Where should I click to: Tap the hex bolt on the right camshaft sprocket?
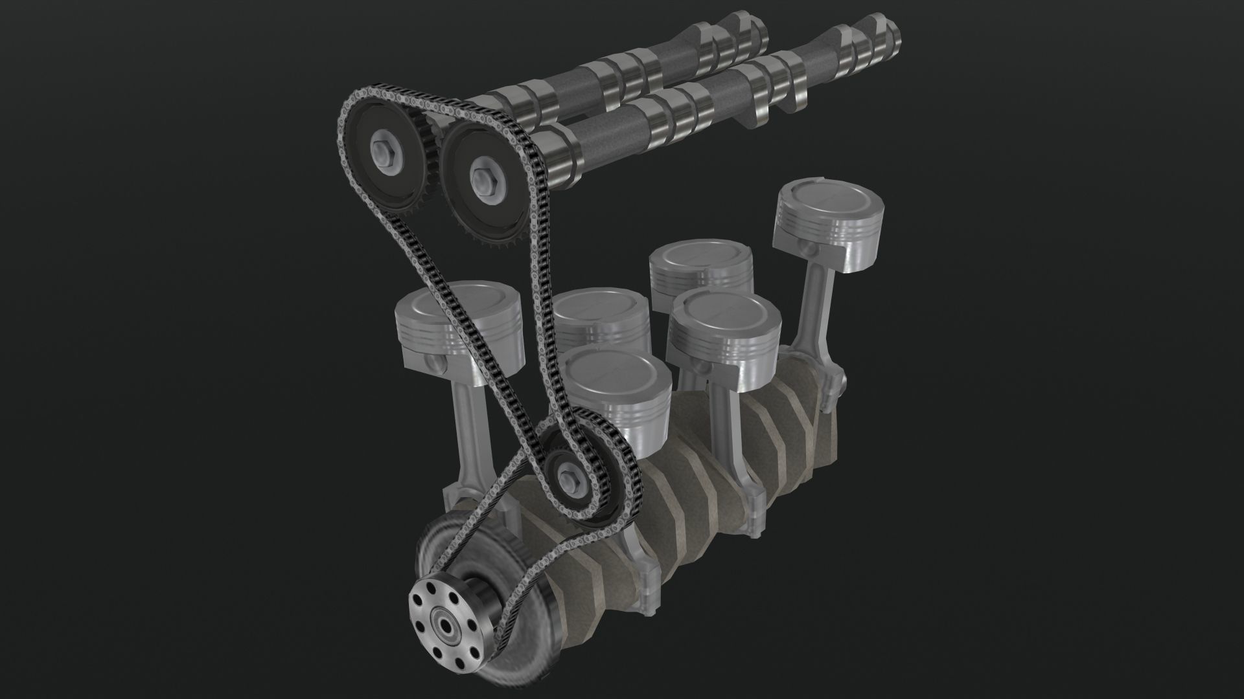click(x=483, y=176)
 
